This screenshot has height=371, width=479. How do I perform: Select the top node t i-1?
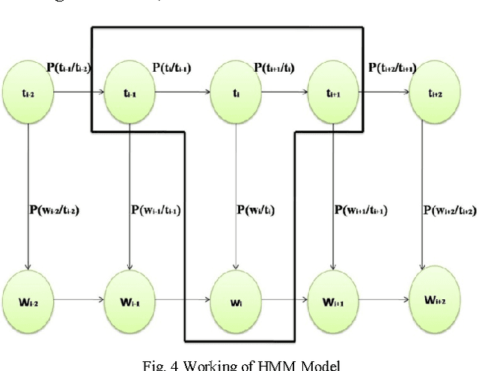131,94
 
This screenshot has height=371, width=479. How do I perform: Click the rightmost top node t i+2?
434,94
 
